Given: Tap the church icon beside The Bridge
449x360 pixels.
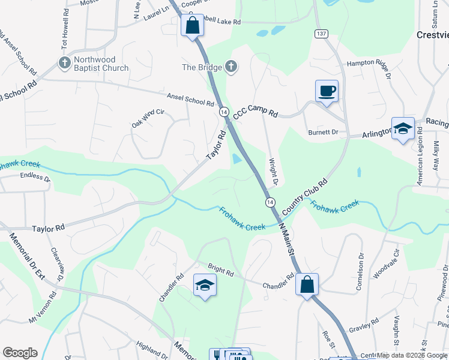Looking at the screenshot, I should [232, 67].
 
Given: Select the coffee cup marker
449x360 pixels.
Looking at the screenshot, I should [327, 91].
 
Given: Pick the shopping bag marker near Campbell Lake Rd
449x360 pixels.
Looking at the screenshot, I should [193, 26].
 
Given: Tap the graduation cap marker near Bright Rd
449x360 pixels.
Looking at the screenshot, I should [205, 284].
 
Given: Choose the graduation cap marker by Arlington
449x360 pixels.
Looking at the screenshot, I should [402, 128].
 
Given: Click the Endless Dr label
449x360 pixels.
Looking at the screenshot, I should [35, 176].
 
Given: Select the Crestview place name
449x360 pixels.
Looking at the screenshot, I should [432, 35].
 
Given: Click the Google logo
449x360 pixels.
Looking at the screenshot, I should [20, 353].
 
